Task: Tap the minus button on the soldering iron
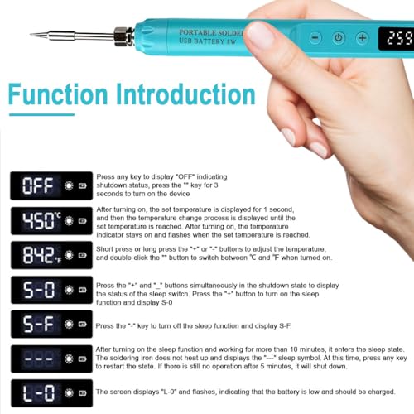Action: tap(315, 38)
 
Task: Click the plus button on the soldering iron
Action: tap(363, 38)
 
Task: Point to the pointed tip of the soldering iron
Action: tap(31, 35)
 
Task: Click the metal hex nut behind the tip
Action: tap(122, 36)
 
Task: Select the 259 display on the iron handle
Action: tap(400, 38)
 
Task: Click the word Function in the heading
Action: tap(58, 94)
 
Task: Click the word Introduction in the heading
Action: tap(185, 94)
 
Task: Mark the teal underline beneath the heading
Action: tap(41, 114)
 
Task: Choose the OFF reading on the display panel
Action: tap(38, 185)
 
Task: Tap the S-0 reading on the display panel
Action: tap(39, 290)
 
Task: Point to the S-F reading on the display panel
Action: tap(38, 324)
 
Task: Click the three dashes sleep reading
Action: tap(39, 359)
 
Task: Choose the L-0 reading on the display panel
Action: tap(39, 393)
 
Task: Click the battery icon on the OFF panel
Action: tap(83, 185)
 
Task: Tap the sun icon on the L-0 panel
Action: tap(69, 393)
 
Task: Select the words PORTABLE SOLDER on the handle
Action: tap(212, 32)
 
